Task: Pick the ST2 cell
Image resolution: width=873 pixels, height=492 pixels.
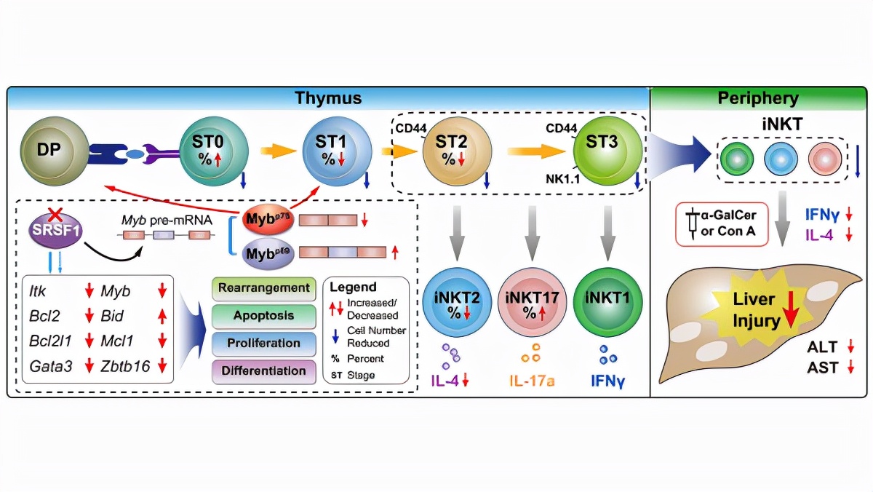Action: (x=451, y=150)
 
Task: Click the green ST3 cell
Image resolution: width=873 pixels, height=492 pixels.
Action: (x=602, y=150)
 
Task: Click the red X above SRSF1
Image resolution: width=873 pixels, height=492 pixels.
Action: (x=54, y=214)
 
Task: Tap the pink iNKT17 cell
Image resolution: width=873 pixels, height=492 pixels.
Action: (x=529, y=305)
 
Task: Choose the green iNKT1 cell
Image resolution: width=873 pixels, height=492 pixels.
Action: (x=603, y=305)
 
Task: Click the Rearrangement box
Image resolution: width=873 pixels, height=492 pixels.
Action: (x=264, y=288)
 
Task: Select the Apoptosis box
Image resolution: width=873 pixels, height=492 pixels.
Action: (x=264, y=316)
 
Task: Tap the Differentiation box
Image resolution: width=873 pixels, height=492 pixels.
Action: (x=264, y=370)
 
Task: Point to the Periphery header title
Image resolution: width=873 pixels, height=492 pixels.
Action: (x=757, y=98)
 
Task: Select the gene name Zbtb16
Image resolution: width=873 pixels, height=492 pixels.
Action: (x=125, y=366)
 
